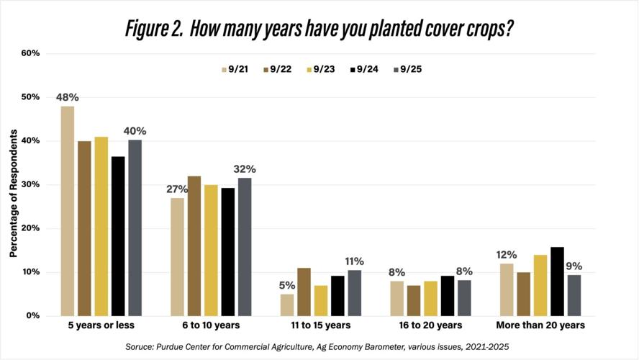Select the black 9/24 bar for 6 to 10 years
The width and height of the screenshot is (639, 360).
pos(227,252)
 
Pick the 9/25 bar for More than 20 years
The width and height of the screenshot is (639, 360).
pos(574,295)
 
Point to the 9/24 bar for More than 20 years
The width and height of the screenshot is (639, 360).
pos(557,282)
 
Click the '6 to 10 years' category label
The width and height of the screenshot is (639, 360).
pos(211,325)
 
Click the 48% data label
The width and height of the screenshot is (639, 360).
pos(67,96)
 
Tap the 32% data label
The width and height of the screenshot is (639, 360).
pos(245,169)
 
